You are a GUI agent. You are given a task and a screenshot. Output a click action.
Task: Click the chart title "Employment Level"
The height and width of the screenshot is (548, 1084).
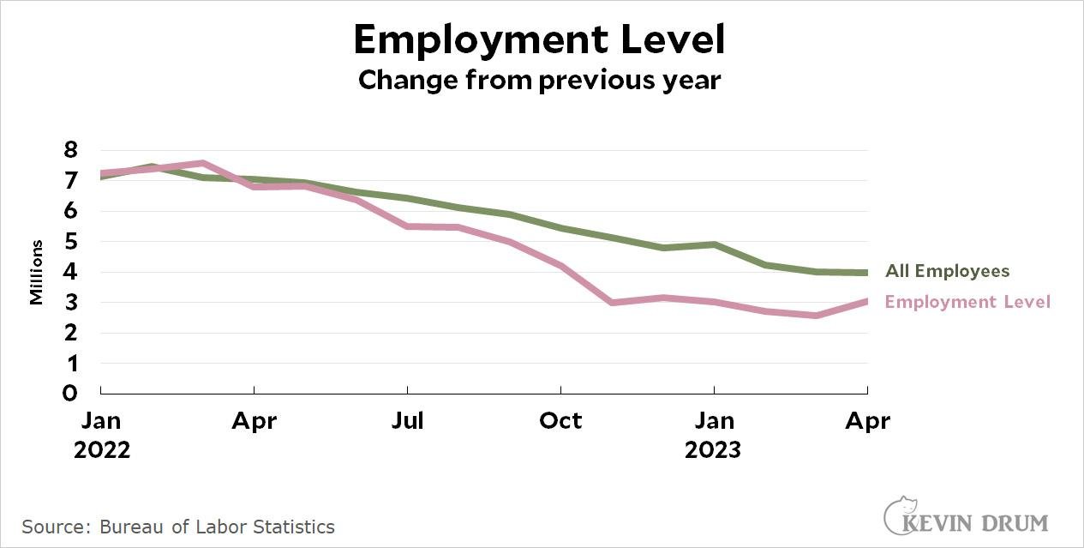pyautogui.click(x=540, y=39)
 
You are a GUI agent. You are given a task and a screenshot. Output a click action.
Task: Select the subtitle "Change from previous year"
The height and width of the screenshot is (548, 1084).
pyautogui.click(x=540, y=80)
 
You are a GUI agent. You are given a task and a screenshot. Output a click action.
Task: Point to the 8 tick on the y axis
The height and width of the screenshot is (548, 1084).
pyautogui.click(x=71, y=150)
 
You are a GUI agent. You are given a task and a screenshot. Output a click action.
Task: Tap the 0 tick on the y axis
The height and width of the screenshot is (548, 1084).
pyautogui.click(x=71, y=394)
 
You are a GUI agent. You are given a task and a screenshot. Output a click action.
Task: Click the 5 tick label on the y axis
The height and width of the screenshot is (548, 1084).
pyautogui.click(x=71, y=242)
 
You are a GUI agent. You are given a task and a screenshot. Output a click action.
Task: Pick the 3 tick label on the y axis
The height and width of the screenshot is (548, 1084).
pyautogui.click(x=71, y=303)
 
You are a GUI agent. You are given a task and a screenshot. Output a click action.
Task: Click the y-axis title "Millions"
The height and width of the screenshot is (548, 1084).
pyautogui.click(x=36, y=273)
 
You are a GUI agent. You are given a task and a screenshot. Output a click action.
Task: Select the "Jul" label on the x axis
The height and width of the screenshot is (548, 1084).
pyautogui.click(x=407, y=421)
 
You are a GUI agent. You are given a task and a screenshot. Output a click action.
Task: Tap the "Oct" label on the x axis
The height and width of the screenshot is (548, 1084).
pyautogui.click(x=560, y=421)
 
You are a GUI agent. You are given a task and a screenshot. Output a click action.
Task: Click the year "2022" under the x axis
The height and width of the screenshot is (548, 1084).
pyautogui.click(x=102, y=450)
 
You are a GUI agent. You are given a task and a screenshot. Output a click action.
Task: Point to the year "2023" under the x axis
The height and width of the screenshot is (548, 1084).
pyautogui.click(x=713, y=450)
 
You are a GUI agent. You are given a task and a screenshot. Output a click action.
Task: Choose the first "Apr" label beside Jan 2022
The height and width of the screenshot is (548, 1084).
pyautogui.click(x=254, y=421)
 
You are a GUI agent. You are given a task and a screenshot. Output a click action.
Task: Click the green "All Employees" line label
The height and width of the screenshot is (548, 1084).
pyautogui.click(x=947, y=272)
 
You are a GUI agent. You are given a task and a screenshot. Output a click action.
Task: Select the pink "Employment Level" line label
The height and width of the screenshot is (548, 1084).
pyautogui.click(x=967, y=302)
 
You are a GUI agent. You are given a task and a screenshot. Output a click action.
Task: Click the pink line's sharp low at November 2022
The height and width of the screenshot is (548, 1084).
pyautogui.click(x=612, y=303)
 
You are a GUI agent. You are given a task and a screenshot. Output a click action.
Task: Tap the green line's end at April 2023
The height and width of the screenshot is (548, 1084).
pyautogui.click(x=866, y=273)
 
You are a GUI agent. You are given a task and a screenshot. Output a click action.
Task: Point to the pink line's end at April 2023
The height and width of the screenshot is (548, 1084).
pyautogui.click(x=866, y=301)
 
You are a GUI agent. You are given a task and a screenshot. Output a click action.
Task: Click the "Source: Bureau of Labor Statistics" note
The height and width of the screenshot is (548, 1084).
pyautogui.click(x=178, y=526)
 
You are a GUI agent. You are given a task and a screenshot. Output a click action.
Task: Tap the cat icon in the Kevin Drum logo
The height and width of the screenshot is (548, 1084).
pyautogui.click(x=899, y=513)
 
